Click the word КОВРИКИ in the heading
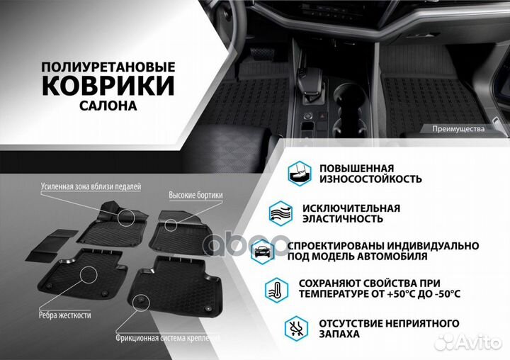pyautogui.click(x=108, y=85)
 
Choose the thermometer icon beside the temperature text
pyautogui.click(x=277, y=288)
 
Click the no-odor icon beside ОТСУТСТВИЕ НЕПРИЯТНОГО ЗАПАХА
pyautogui.click(x=297, y=327)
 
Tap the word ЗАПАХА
pyautogui.click(x=339, y=334)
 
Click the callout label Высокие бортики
pyautogui.click(x=195, y=195)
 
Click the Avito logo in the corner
pyautogui.click(x=471, y=343)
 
